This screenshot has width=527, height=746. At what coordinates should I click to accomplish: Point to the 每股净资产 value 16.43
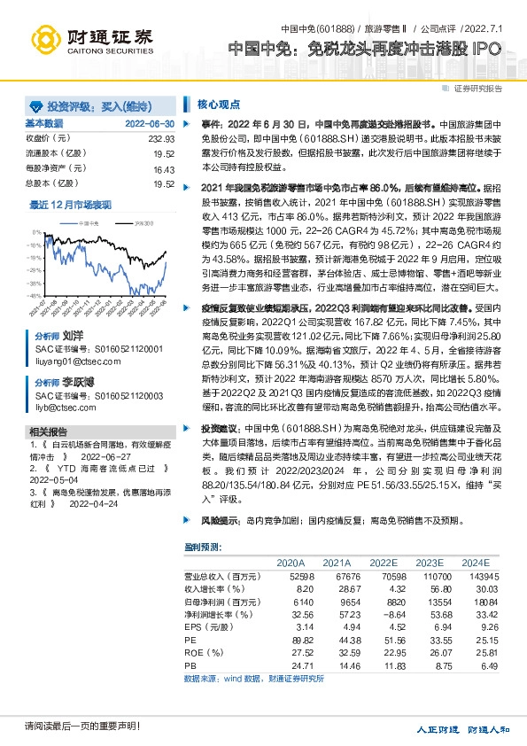coord(165,167)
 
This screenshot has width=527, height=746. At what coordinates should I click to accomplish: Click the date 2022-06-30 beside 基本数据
coord(150,123)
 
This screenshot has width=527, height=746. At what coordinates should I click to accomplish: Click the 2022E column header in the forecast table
coord(384,562)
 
